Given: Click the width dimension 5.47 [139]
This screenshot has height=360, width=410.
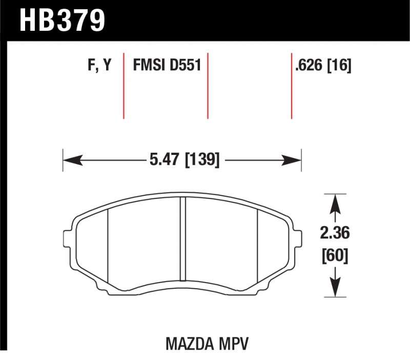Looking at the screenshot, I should [184, 161].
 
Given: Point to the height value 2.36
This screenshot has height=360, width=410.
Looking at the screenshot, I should [335, 233].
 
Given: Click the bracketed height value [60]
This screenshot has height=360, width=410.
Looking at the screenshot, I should [335, 255].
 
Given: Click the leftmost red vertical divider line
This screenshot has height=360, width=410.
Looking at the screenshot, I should [124, 85].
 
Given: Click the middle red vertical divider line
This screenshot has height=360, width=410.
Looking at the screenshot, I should [208, 85].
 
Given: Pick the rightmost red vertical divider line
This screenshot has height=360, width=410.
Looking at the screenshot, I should [292, 85].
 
